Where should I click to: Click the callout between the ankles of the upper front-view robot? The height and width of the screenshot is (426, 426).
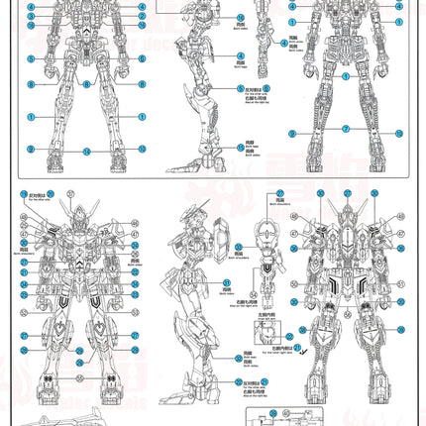[x=86, y=149]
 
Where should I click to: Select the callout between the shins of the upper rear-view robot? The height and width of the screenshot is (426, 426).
[x=346, y=133]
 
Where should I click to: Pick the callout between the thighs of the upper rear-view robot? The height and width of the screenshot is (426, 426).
[x=346, y=76]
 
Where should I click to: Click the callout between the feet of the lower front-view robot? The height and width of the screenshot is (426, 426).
[x=82, y=391]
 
